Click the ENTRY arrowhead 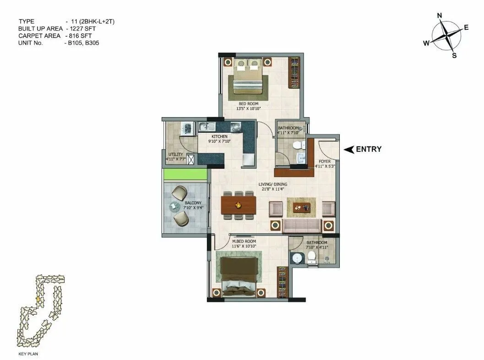(x=348, y=149)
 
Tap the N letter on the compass (x=440, y=16)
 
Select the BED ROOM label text (x=248, y=104)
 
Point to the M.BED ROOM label (x=244, y=241)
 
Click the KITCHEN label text (x=219, y=137)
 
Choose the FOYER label (x=325, y=161)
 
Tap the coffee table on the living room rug (x=301, y=207)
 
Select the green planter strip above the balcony (x=185, y=174)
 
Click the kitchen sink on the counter (x=206, y=126)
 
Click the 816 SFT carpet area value (x=81, y=36)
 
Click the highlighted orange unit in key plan (x=38, y=299)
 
